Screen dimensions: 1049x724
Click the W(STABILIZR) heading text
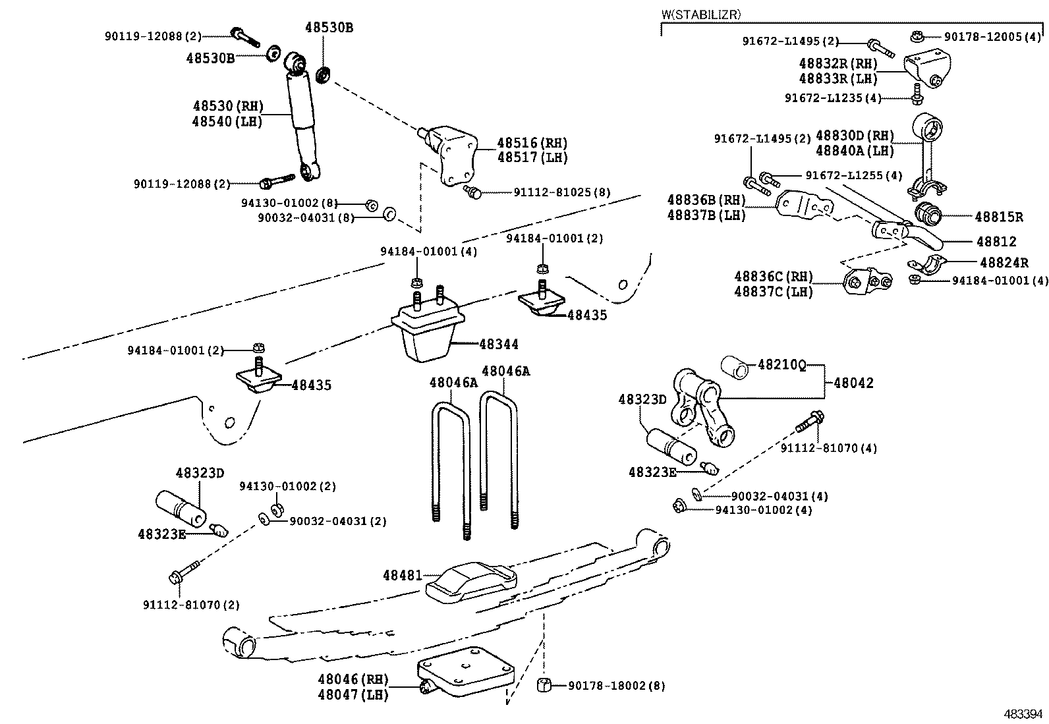pyautogui.click(x=701, y=14)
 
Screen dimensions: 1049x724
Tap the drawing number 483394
pyautogui.click(x=1022, y=713)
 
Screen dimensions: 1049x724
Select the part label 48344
pyautogui.click(x=499, y=344)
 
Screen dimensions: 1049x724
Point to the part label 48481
pyautogui.click(x=403, y=575)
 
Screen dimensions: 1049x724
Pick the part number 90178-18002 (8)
pyautogui.click(x=616, y=686)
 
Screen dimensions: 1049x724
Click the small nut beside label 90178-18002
pyautogui.click(x=544, y=684)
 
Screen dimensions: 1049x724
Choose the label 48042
pyautogui.click(x=854, y=383)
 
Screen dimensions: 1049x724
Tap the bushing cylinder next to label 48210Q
pyautogui.click(x=735, y=368)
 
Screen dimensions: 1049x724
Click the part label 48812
pyautogui.click(x=996, y=242)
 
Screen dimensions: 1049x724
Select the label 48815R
pyautogui.click(x=999, y=217)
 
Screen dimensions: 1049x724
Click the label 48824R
pyautogui.click(x=1004, y=262)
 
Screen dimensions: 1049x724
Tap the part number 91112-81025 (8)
pyautogui.click(x=562, y=192)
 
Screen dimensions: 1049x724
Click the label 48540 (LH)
pyautogui.click(x=227, y=122)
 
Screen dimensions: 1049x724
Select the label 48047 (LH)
pyautogui.click(x=353, y=694)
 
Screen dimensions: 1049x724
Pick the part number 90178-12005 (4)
pyautogui.click(x=992, y=36)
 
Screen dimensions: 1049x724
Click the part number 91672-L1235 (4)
pyautogui.click(x=833, y=98)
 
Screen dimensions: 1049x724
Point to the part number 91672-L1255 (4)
pyautogui.click(x=854, y=175)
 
